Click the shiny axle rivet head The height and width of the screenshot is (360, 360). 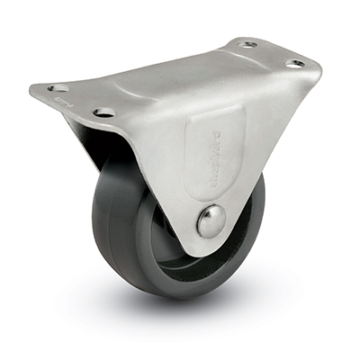[x=211, y=220]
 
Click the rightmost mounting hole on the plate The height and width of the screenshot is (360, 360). [x=295, y=64]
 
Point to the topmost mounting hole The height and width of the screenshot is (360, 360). [x=247, y=44]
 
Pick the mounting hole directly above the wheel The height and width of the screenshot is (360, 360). [x=104, y=112]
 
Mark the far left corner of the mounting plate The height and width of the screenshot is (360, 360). [x=32, y=91]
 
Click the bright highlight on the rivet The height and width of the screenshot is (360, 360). [x=208, y=216]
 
